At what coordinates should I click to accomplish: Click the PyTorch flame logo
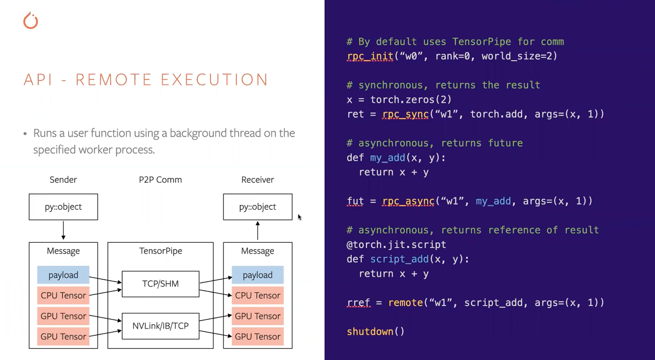pos(31,21)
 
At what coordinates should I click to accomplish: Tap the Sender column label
pos(63,180)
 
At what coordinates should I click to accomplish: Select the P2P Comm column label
pos(160,180)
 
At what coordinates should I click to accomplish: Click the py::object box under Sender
pos(63,207)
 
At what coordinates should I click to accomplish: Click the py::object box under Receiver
pos(257,207)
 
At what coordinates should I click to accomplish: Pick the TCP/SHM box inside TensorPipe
pos(160,284)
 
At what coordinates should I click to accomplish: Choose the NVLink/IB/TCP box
pos(160,326)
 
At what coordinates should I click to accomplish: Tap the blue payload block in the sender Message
pos(63,275)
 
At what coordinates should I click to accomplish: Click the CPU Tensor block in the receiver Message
pos(257,295)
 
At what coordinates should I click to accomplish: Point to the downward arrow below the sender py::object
pos(63,230)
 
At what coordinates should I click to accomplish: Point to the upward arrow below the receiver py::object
pos(257,230)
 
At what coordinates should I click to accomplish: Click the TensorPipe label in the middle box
pos(160,251)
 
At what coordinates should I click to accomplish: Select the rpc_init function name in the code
pos(370,56)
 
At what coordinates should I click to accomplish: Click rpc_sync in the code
pos(405,114)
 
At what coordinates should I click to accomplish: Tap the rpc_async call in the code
pos(408,201)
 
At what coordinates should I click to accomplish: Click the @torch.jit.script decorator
pos(396,245)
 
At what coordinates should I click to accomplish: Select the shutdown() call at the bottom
pos(375,331)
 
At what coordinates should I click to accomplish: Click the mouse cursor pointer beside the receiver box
pos(300,217)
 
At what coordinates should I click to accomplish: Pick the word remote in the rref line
pos(405,302)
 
